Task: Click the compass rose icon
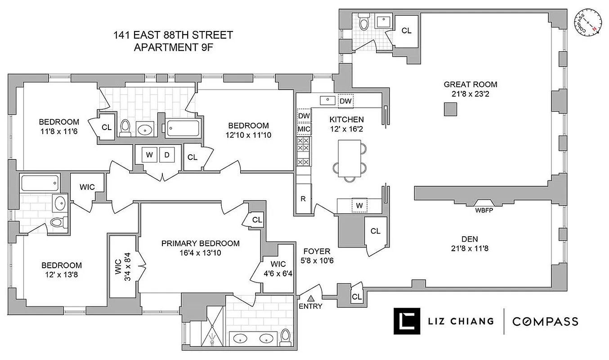[587, 22]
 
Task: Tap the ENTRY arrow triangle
[311, 298]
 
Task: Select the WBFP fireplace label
[484, 210]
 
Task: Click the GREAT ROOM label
[470, 84]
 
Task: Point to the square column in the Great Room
[450, 109]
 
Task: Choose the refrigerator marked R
[303, 198]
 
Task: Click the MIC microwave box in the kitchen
[304, 129]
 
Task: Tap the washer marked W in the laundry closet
[149, 155]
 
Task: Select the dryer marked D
[167, 155]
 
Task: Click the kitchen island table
[349, 158]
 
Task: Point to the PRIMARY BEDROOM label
[200, 243]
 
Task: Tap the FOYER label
[317, 251]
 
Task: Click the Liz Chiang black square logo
[407, 321]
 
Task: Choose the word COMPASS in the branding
[545, 321]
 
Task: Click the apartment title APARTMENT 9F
[173, 47]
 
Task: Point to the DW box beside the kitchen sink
[345, 101]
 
